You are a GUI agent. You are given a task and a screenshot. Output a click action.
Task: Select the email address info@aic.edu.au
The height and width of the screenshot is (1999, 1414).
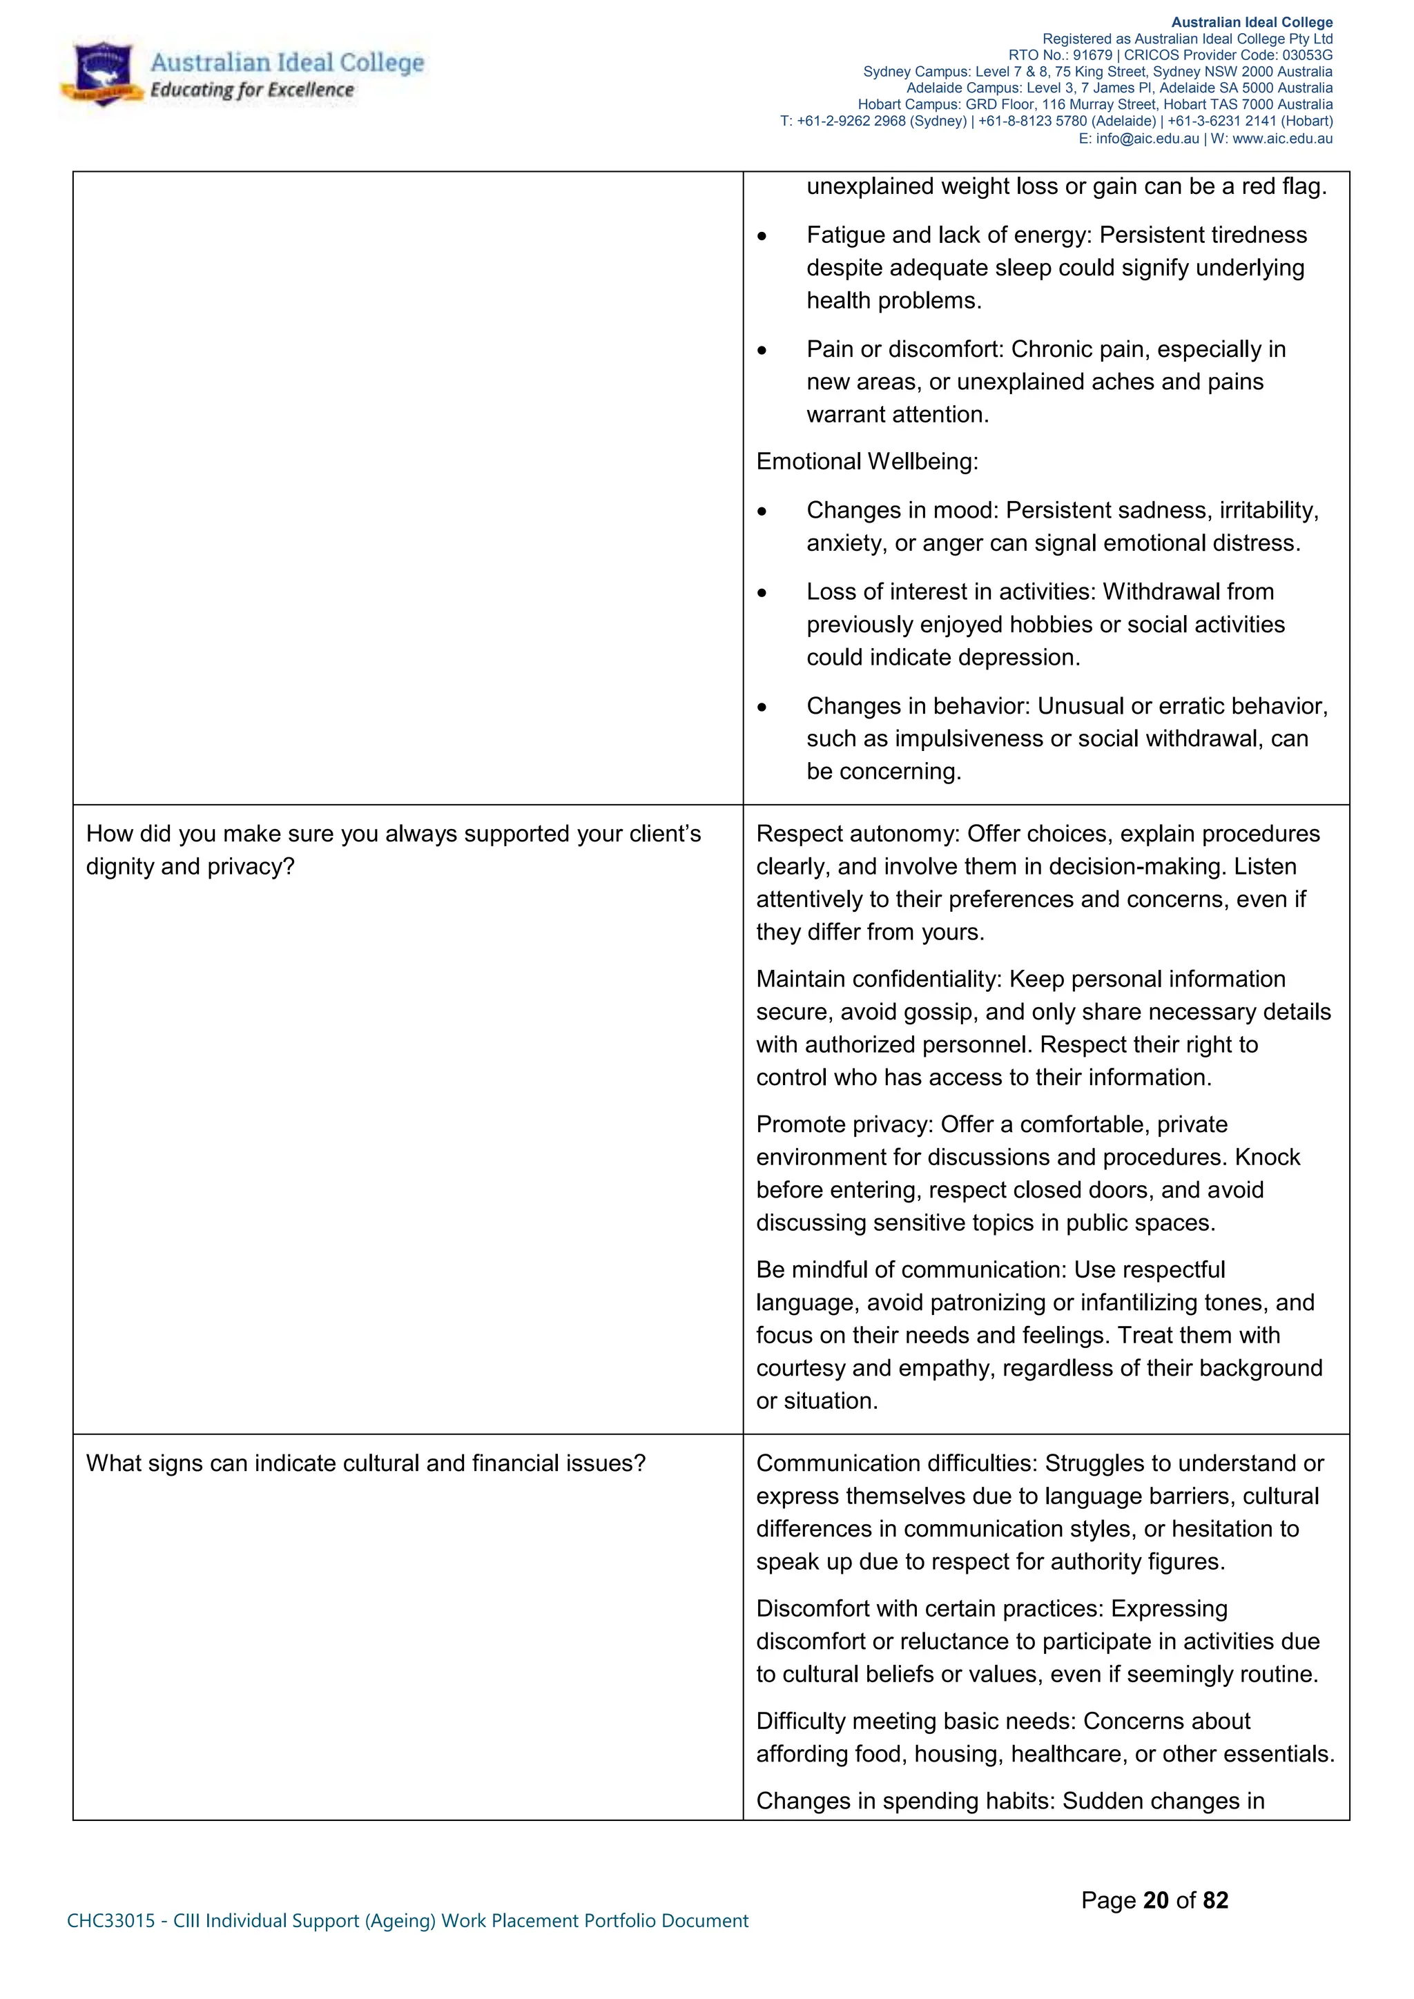pos(1147,139)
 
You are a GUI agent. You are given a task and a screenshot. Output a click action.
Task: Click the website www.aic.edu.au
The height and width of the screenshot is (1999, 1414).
pos(1283,139)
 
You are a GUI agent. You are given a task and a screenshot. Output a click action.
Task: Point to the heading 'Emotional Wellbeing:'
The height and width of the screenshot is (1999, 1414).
pos(866,462)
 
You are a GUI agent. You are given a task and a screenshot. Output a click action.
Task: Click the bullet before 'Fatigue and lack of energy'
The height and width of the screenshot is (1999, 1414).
pos(762,237)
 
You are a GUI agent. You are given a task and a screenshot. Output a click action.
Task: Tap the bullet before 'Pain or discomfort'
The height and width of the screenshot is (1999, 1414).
pos(762,351)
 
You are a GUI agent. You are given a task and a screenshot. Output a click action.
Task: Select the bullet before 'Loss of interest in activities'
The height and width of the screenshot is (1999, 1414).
pos(762,594)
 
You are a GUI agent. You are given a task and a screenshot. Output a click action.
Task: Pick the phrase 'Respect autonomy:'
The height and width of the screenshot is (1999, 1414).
pos(858,834)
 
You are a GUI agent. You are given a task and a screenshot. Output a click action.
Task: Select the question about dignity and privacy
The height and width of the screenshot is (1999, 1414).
pos(393,850)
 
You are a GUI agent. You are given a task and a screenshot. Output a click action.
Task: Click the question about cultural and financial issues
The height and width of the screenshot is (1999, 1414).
pos(366,1463)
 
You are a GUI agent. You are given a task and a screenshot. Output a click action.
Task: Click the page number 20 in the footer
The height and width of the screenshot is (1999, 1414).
pos(1155,1900)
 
